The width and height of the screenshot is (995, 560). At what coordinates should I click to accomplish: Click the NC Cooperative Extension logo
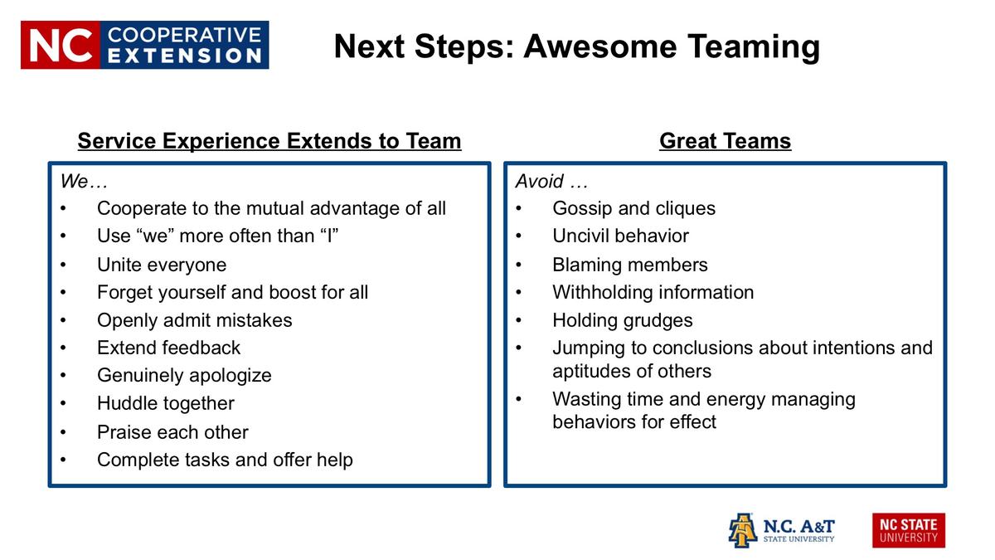(x=144, y=45)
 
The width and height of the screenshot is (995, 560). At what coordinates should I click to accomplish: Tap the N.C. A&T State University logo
(x=781, y=530)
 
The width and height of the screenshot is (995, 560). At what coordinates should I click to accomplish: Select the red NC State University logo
(x=908, y=530)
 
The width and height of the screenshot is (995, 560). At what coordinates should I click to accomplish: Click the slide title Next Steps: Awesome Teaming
(x=576, y=46)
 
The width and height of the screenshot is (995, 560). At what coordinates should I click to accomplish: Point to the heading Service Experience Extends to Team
(x=269, y=141)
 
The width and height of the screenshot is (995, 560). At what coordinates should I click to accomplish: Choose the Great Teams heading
(x=725, y=141)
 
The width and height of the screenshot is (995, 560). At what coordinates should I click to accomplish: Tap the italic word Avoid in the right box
(x=540, y=181)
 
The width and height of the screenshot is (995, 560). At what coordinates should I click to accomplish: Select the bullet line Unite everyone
(x=162, y=265)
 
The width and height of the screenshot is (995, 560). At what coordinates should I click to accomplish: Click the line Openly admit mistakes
(x=195, y=320)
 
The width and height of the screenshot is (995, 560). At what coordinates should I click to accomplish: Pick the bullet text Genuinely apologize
(x=184, y=375)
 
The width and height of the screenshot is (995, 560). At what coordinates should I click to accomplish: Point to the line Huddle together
(x=166, y=403)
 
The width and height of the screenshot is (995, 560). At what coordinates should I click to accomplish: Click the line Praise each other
(x=172, y=432)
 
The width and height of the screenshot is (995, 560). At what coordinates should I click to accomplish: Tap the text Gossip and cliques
(x=633, y=208)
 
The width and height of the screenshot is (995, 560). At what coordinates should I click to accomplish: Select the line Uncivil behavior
(x=620, y=236)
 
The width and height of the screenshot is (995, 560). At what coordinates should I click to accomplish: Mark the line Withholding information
(x=653, y=292)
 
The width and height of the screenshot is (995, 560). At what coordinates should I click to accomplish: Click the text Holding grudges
(x=622, y=320)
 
